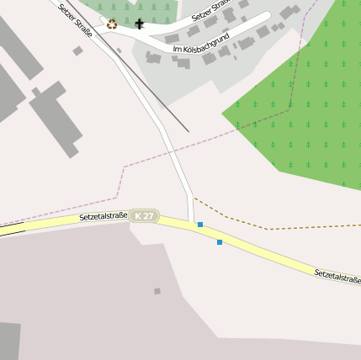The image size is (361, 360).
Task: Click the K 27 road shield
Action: pyautogui.click(x=145, y=216)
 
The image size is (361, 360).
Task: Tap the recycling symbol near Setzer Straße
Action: pyautogui.click(x=112, y=24)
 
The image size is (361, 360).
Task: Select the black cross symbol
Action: pyautogui.click(x=140, y=24)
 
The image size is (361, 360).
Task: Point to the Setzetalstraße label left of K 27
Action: pyautogui.click(x=103, y=216)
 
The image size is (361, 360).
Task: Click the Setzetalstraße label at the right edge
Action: pyautogui.click(x=337, y=275)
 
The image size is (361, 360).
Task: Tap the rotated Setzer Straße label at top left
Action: pyautogui.click(x=75, y=19)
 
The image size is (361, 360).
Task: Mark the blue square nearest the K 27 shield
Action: pyautogui.click(x=200, y=225)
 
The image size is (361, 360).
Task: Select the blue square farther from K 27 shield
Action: pyautogui.click(x=220, y=242)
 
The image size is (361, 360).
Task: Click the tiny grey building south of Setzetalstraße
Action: pyautogui.click(x=157, y=291)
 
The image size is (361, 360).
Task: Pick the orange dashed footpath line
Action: pyautogui.click(x=252, y=223)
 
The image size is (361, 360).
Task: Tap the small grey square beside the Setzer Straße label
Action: pyautogui.click(x=77, y=51)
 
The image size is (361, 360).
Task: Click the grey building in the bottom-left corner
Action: pyautogui.click(x=9, y=341)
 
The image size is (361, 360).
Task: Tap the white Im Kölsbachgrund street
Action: pyautogui.click(x=244, y=33)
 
